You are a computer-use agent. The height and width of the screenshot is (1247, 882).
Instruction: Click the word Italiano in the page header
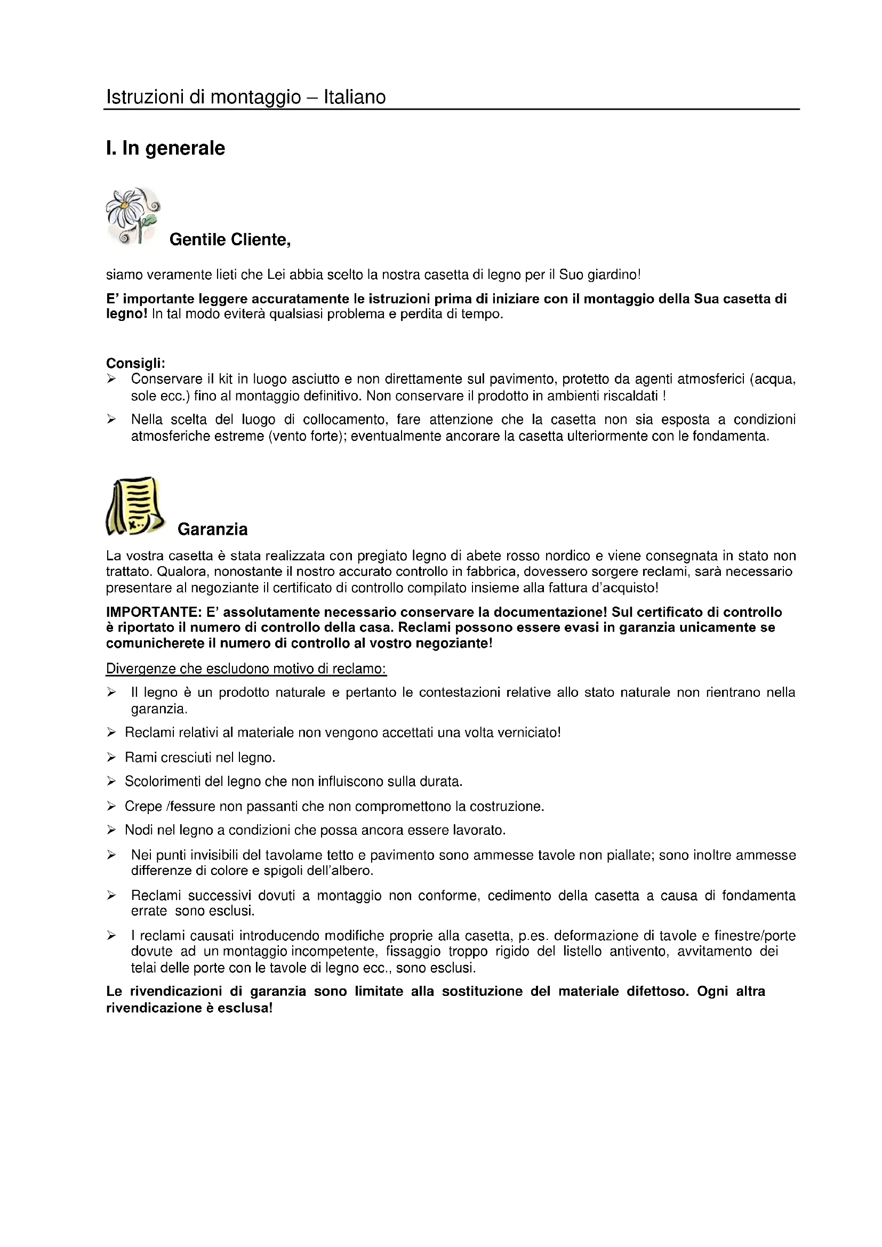(355, 97)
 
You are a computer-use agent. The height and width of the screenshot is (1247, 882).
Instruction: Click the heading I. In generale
(165, 148)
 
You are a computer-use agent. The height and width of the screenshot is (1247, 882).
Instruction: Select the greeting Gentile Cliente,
(230, 239)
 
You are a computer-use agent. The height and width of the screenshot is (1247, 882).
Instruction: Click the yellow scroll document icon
(135, 506)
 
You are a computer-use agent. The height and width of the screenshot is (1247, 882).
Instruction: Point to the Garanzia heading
(212, 529)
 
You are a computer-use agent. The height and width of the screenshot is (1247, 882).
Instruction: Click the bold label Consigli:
(135, 363)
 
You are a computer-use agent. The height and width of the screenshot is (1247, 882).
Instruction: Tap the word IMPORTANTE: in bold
(154, 612)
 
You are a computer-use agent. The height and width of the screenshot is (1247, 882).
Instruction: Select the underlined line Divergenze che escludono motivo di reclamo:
(246, 669)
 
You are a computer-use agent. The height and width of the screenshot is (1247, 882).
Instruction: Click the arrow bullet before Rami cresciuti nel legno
(111, 757)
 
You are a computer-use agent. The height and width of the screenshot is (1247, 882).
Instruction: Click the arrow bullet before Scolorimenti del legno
(111, 782)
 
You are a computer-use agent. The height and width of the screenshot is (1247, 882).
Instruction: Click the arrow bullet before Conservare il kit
(111, 379)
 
